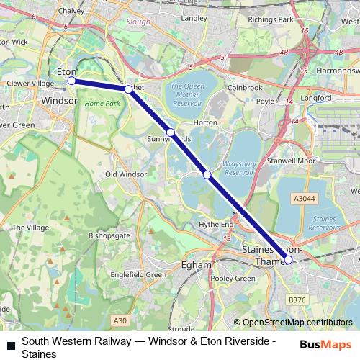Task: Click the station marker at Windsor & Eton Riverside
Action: point(71,81)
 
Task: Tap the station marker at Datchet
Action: point(128,89)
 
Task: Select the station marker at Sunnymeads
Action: point(171,132)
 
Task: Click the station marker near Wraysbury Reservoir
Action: point(207,174)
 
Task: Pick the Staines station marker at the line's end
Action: point(289,260)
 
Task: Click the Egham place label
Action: point(197,265)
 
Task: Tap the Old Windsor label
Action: point(126,174)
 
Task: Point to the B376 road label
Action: point(297,299)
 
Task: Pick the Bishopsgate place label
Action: point(109,235)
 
